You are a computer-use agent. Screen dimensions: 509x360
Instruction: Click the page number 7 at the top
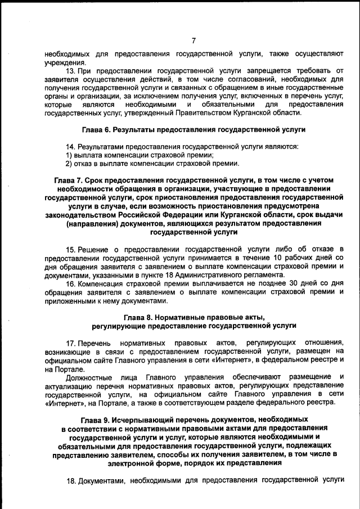[x=193, y=40]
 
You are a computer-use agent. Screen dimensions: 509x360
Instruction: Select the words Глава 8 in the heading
[x=137, y=317]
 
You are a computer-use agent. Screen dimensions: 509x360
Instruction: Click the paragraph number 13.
[x=71, y=71]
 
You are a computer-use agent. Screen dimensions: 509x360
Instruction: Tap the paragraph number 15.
[x=71, y=249]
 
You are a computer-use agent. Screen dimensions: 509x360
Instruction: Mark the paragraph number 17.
[x=71, y=343]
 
